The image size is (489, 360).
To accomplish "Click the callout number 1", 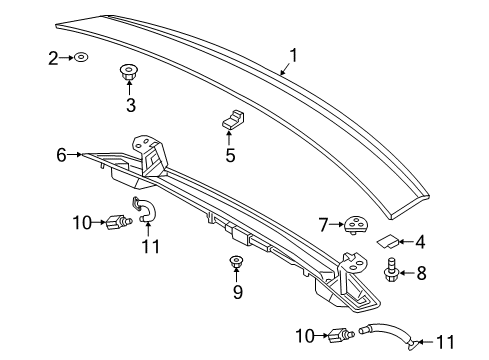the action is tap(293, 56).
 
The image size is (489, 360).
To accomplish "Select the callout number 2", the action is tap(53, 58).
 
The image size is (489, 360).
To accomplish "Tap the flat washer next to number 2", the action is tap(81, 57).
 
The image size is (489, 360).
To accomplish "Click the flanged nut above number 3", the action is tap(128, 72).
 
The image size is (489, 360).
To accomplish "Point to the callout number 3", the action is tap(131, 105).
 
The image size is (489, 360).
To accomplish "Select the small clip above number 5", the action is tap(233, 120).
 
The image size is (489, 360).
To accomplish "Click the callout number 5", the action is tap(230, 155).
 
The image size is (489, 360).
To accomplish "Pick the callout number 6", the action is tap(61, 155).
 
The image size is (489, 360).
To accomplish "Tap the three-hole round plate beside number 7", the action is tap(355, 224).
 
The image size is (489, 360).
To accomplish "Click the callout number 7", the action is tap(323, 225).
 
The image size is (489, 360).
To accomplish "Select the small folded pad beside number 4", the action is tap(388, 241).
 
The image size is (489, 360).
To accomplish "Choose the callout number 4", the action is tap(421, 242).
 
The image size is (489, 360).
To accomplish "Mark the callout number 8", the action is tap(421, 273).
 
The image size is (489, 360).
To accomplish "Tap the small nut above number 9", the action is tap(236, 261).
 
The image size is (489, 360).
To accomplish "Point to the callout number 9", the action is tap(237, 292).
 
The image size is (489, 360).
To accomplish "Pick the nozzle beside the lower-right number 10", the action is tap(340, 335).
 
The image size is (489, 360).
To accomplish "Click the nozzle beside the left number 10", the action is tap(118, 222).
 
